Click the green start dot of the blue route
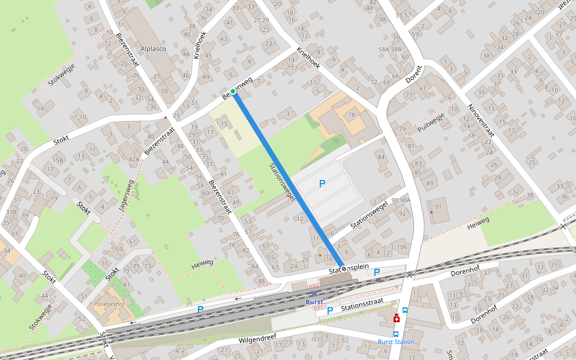coord(233,91)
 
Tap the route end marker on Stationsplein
coord(343,268)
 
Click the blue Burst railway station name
coord(314,302)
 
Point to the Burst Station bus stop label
coord(396,342)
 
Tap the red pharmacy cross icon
coord(397,319)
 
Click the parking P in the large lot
coord(322,184)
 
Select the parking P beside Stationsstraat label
coord(330,311)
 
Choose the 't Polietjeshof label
coord(107,304)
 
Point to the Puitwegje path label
coord(431,122)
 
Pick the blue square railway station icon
coord(313,295)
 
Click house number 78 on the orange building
coord(352,115)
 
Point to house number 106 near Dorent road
coord(402,247)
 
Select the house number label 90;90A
coord(401,200)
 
